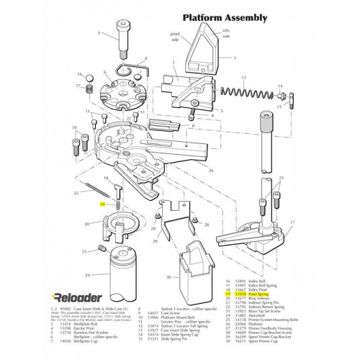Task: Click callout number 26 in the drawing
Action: [x=210, y=171]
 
